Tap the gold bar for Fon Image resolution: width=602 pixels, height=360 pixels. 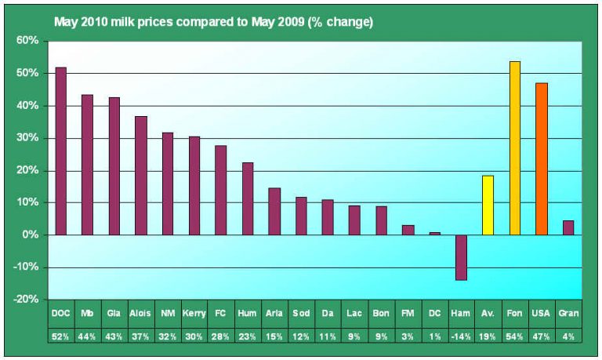(x=515, y=147)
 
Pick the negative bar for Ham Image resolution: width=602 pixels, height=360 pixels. (x=461, y=257)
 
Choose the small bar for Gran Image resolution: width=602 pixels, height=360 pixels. (x=568, y=227)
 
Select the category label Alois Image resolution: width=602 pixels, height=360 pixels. (x=141, y=313)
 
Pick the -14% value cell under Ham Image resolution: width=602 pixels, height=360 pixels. (x=461, y=336)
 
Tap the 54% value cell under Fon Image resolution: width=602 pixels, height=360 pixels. (x=515, y=336)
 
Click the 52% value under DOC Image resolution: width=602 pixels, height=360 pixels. (x=60, y=336)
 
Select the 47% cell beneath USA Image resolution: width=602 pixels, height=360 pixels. (x=542, y=336)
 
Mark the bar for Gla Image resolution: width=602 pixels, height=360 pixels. (x=114, y=165)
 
